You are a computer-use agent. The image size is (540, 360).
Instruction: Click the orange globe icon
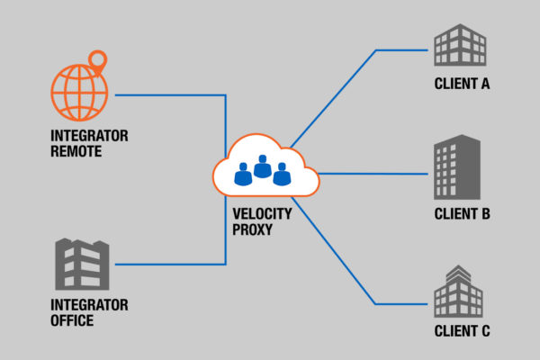pyautogui.click(x=79, y=93)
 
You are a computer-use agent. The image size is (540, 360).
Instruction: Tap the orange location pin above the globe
pyautogui.click(x=98, y=62)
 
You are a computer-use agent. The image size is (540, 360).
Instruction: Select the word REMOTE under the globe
pyautogui.click(x=76, y=151)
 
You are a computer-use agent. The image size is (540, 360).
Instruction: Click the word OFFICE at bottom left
pyautogui.click(x=72, y=320)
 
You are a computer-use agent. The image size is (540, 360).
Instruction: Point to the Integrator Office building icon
pyautogui.click(x=82, y=265)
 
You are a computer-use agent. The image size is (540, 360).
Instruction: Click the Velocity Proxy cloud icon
pyautogui.click(x=265, y=166)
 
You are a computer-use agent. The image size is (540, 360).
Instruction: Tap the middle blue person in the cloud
pyautogui.click(x=263, y=166)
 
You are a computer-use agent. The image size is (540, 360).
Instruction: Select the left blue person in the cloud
pyautogui.click(x=243, y=174)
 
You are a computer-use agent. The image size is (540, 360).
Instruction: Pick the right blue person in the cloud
pyautogui.click(x=282, y=174)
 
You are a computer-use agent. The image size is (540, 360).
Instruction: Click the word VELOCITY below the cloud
pyautogui.click(x=262, y=213)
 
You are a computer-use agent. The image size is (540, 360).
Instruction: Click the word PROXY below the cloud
pyautogui.click(x=252, y=229)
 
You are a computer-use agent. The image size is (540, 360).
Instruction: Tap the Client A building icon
pyautogui.click(x=460, y=45)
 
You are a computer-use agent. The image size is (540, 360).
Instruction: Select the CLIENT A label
pyautogui.click(x=462, y=84)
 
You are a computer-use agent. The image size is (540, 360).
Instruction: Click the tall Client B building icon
pyautogui.click(x=457, y=167)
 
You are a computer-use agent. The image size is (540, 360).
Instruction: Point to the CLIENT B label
pyautogui.click(x=462, y=214)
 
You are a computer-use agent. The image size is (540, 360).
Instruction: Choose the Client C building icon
pyautogui.click(x=458, y=291)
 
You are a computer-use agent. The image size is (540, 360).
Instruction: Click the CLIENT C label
pyautogui.click(x=462, y=331)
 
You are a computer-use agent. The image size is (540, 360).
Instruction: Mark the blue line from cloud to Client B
pyautogui.click(x=373, y=174)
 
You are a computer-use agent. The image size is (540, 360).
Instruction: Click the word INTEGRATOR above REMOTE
pyautogui.click(x=89, y=135)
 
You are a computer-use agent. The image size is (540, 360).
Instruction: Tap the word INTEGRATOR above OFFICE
pyautogui.click(x=89, y=305)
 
